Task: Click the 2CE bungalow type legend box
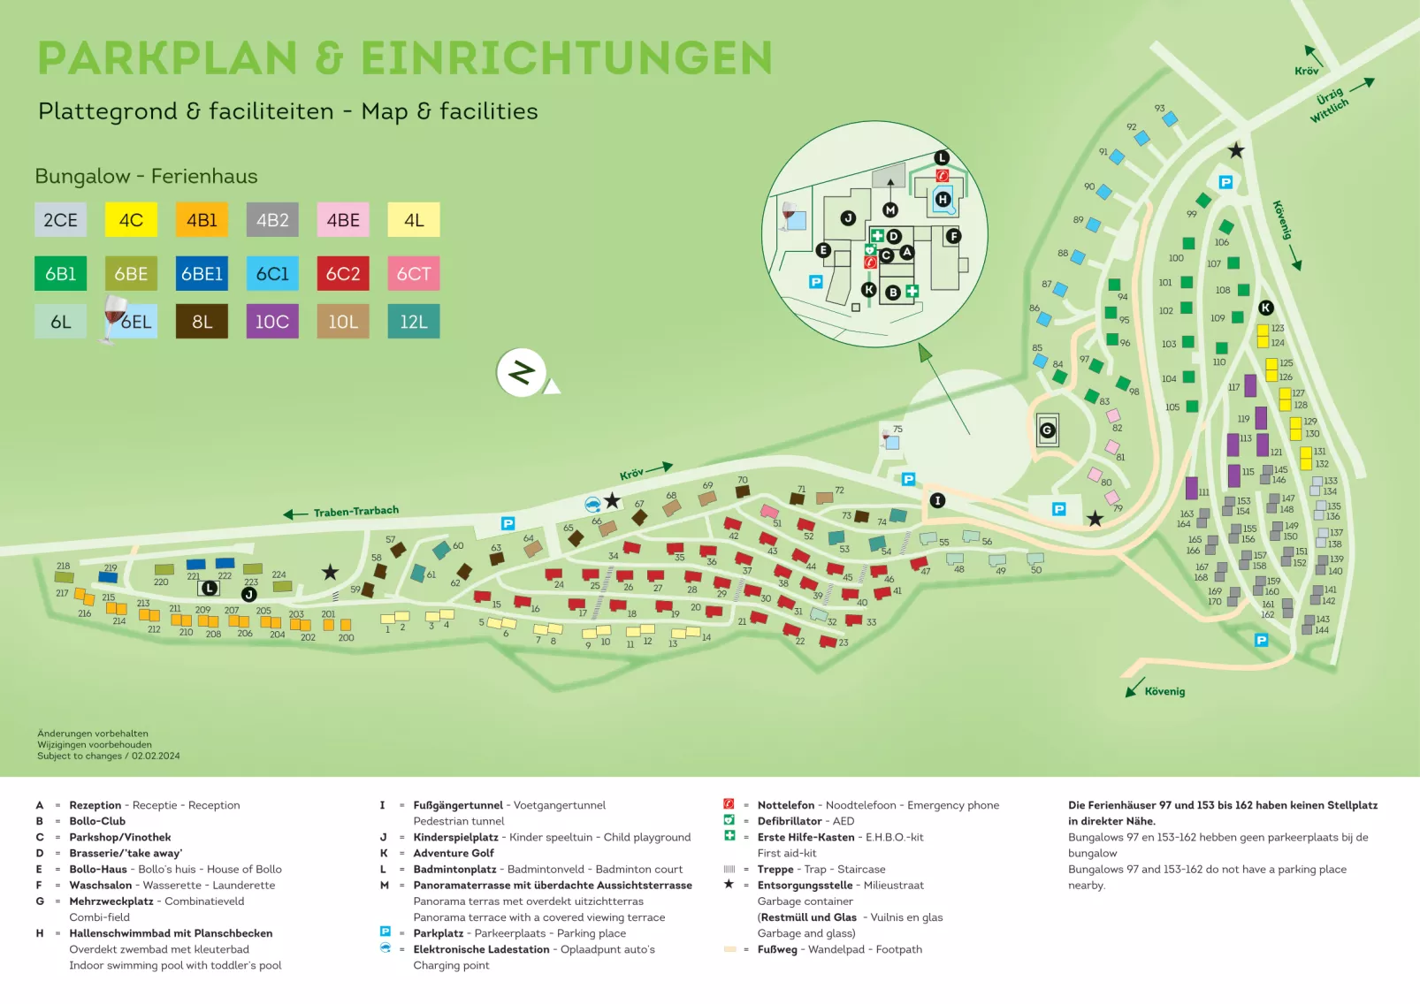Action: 60,220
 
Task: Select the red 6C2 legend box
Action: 343,274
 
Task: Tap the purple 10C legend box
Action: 272,322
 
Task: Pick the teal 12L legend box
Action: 413,322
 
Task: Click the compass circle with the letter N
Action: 521,373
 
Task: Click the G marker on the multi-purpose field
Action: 1047,430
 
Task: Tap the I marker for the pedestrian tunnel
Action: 937,500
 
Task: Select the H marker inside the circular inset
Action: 943,200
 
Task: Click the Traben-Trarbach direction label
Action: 355,512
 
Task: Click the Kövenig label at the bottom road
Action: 1164,692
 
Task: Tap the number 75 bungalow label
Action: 897,430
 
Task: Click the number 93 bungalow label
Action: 1159,108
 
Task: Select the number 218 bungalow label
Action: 63,567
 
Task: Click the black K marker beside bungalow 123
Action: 1266,308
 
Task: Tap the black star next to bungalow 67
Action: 612,501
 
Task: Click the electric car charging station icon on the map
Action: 592,504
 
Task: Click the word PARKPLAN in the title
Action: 167,59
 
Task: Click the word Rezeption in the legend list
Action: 95,805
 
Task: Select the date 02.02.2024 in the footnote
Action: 156,757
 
